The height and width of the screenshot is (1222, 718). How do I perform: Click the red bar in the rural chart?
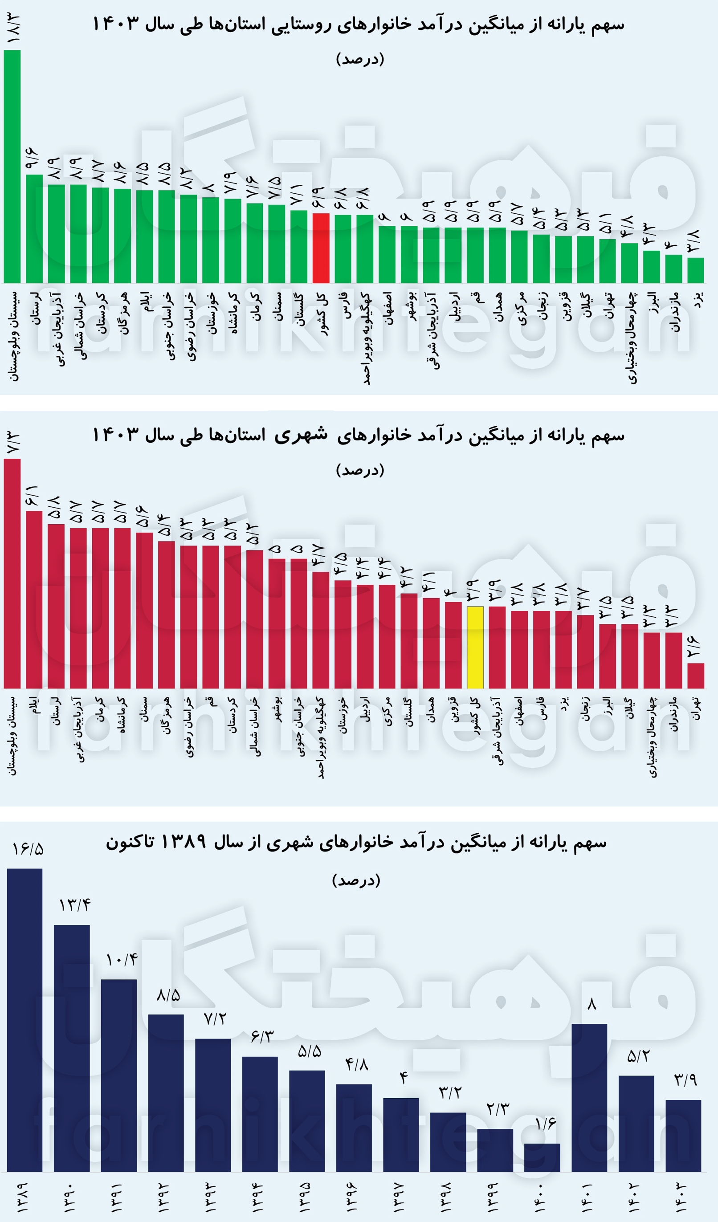pyautogui.click(x=321, y=248)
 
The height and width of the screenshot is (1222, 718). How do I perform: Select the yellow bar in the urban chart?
pyautogui.click(x=475, y=648)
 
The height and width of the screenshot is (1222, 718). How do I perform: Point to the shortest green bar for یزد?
pyautogui.click(x=696, y=270)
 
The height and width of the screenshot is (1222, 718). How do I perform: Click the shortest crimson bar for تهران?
pyautogui.click(x=696, y=676)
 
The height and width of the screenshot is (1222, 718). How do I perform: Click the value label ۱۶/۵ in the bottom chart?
pyautogui.click(x=28, y=849)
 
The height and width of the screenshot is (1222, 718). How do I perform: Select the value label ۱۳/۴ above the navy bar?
pyautogui.click(x=75, y=905)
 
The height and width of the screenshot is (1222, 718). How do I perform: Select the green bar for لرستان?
pyautogui.click(x=34, y=229)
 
